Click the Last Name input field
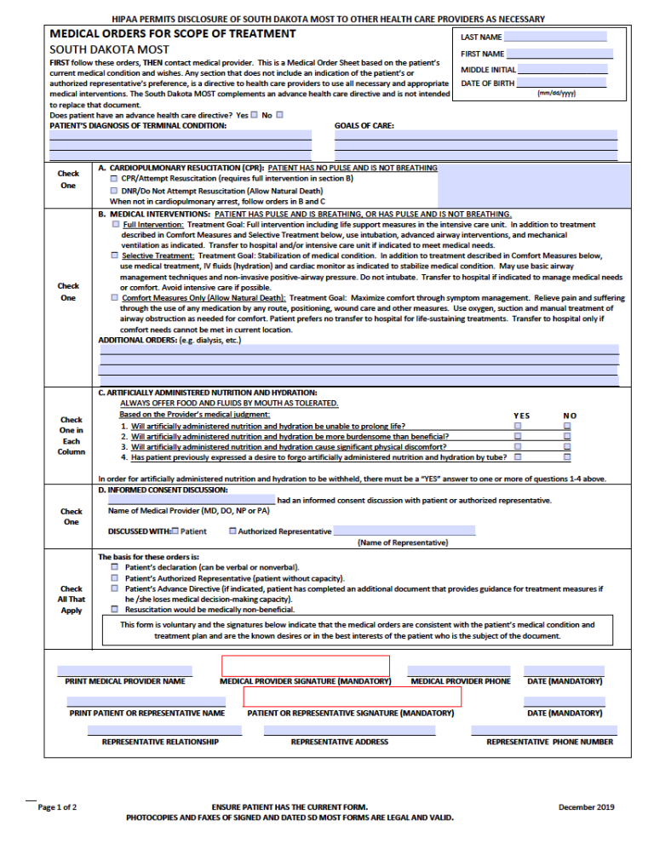[554, 37]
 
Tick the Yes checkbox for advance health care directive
[254, 115]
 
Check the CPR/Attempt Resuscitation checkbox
[115, 179]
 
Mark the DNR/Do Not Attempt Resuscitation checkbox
[115, 191]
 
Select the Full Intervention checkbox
[115, 224]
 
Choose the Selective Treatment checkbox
[115, 255]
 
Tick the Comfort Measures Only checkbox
[115, 298]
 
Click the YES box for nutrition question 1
[516, 425]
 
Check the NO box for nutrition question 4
[568, 456]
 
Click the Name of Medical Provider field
[191, 500]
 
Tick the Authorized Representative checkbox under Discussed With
[232, 531]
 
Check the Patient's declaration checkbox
[115, 566]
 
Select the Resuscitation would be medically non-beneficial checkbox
[115, 609]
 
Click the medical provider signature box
[305, 665]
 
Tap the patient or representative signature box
[353, 697]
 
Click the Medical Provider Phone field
[459, 671]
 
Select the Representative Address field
[339, 731]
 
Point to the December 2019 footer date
[586, 806]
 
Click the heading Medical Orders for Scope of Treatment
[173, 34]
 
